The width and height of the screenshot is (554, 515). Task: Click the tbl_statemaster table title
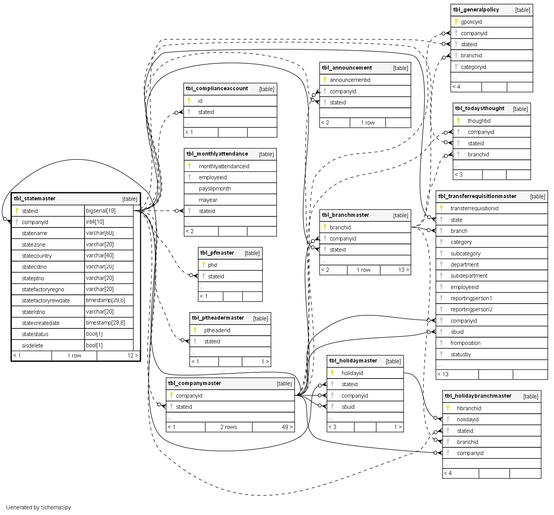pos(35,198)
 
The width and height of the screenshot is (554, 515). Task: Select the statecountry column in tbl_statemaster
pos(37,256)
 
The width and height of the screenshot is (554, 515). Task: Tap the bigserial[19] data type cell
pos(101,211)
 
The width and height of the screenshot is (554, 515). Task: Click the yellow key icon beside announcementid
pos(325,80)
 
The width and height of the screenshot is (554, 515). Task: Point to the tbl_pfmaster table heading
pos(217,253)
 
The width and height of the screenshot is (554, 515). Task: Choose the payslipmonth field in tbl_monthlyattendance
pos(215,188)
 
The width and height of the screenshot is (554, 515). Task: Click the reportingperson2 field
pos(471,309)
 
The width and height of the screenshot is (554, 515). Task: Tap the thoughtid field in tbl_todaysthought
pos(479,121)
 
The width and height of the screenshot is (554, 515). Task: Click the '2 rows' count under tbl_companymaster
pos(228,427)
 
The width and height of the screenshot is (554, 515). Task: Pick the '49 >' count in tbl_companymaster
pos(287,427)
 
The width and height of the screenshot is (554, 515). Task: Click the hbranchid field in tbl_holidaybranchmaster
pos(469,408)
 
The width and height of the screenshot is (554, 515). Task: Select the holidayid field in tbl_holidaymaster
pos(352,373)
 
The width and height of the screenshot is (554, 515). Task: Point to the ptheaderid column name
pos(217,330)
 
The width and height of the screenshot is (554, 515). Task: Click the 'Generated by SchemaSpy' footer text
pos(38,507)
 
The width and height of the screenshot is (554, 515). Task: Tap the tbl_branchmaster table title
pos(345,215)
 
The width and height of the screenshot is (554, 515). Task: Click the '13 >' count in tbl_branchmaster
pos(403,270)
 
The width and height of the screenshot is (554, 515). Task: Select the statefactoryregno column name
pos(43,289)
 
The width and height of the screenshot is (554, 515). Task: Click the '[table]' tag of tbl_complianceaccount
pos(266,89)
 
